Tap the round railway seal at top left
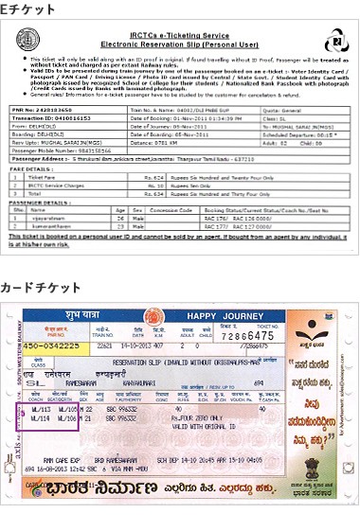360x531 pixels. (x=28, y=40)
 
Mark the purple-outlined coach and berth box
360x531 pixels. (x=53, y=416)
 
